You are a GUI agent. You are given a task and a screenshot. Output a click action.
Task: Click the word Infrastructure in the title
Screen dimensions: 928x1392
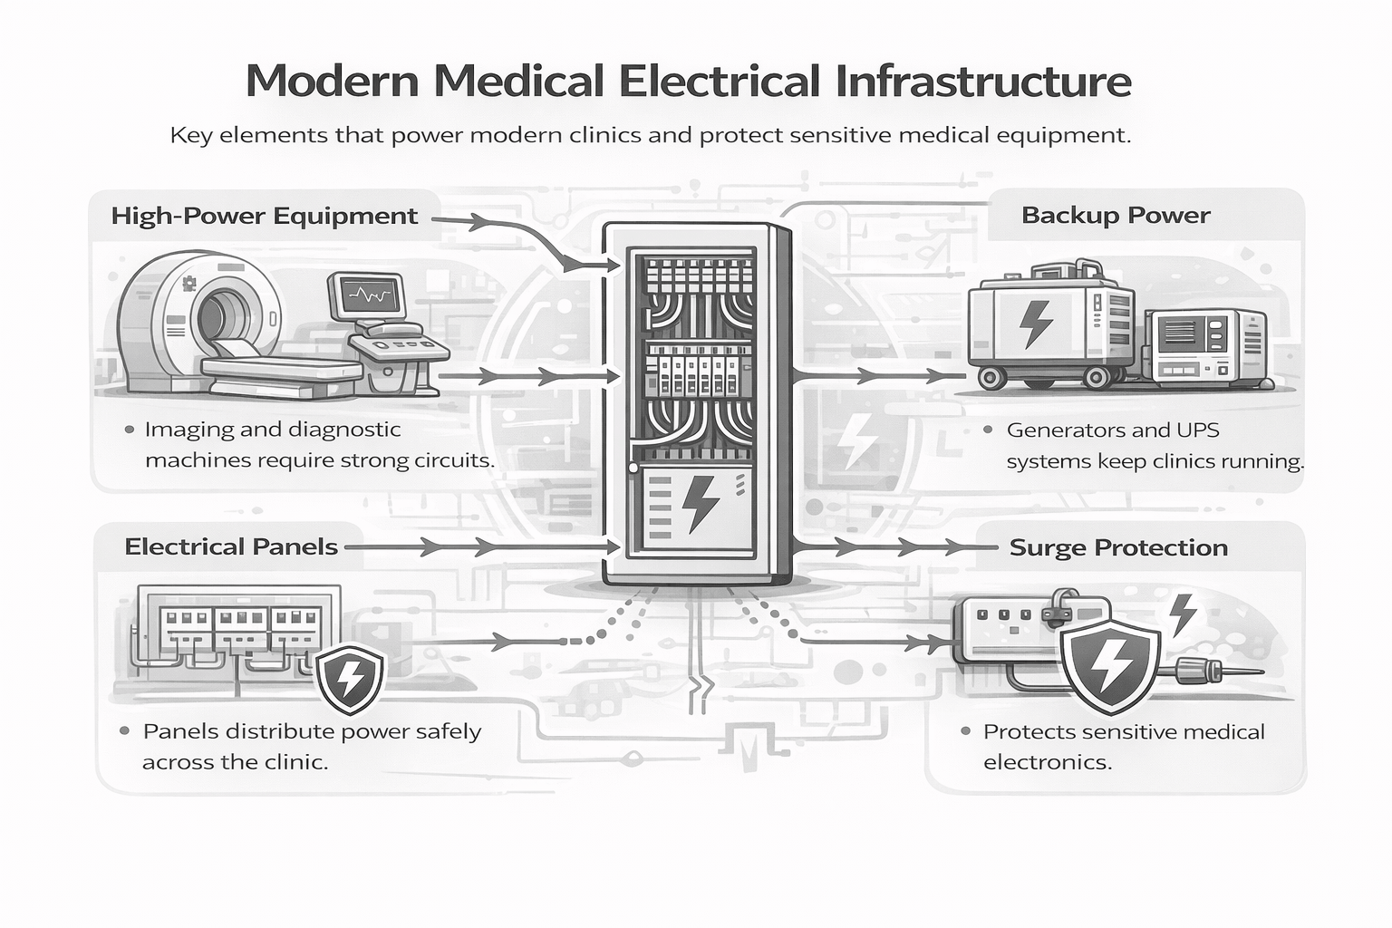pyautogui.click(x=982, y=81)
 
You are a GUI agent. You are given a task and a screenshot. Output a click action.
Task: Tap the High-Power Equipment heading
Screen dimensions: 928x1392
pyautogui.click(x=264, y=216)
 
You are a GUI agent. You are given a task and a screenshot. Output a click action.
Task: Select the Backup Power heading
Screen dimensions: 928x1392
pyautogui.click(x=1116, y=215)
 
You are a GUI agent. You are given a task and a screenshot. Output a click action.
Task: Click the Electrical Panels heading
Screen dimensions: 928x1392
pyautogui.click(x=231, y=546)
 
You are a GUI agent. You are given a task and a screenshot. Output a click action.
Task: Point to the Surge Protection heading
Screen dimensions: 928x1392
pyautogui.click(x=1118, y=547)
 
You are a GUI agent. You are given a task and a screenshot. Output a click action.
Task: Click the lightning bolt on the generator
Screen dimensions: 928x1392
pyautogui.click(x=1035, y=324)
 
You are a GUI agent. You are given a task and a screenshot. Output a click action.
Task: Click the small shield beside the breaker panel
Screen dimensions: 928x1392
pyautogui.click(x=349, y=677)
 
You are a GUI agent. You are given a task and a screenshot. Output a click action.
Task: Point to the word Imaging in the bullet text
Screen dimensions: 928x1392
pyautogui.click(x=186, y=430)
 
